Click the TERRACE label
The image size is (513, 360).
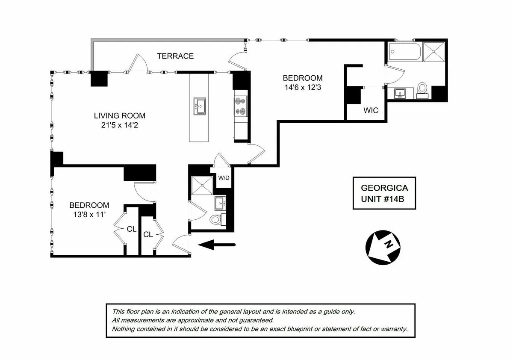click(175, 56)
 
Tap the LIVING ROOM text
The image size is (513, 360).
click(119, 115)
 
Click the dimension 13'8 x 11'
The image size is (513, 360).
click(89, 215)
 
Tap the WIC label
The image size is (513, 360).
click(371, 111)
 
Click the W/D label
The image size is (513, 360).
click(224, 178)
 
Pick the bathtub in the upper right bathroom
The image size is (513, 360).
click(404, 52)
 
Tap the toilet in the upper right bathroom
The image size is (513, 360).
click(422, 89)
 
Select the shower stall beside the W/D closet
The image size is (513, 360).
click(202, 185)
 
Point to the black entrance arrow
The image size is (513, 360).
click(218, 245)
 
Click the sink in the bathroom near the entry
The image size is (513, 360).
click(220, 203)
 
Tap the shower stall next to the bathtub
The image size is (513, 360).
click(434, 52)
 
